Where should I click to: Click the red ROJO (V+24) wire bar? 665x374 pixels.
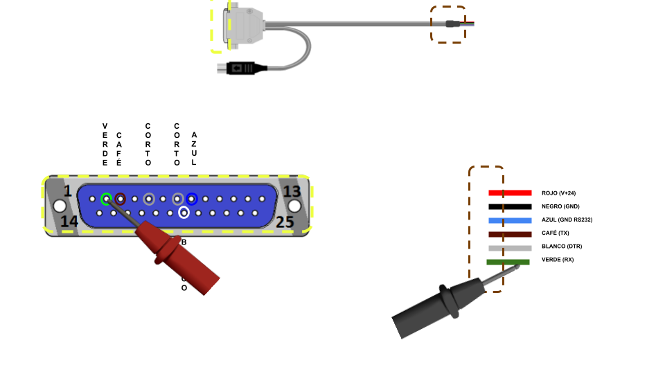tap(510, 193)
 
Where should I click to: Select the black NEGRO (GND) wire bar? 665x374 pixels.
tap(510, 206)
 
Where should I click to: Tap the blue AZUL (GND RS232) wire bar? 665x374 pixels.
tap(510, 220)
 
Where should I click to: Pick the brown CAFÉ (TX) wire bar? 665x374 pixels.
tap(510, 234)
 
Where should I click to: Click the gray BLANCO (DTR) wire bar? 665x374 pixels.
tap(510, 248)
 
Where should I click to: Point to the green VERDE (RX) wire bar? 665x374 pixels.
tap(508, 262)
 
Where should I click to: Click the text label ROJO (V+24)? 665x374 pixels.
tap(558, 193)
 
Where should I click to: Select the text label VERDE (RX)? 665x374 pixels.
tap(557, 260)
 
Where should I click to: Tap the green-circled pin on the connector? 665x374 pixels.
tap(106, 199)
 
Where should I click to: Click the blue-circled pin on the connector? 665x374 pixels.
tap(192, 199)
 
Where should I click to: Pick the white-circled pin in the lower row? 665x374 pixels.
tap(184, 213)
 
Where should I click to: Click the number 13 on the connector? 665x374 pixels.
tap(292, 191)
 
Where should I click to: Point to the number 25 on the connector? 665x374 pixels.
tap(285, 222)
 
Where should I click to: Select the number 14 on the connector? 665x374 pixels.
tap(69, 222)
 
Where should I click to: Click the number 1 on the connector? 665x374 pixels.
tap(68, 191)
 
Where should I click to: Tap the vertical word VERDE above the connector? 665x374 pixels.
tap(105, 144)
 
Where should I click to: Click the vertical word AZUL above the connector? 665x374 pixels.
tap(194, 148)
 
